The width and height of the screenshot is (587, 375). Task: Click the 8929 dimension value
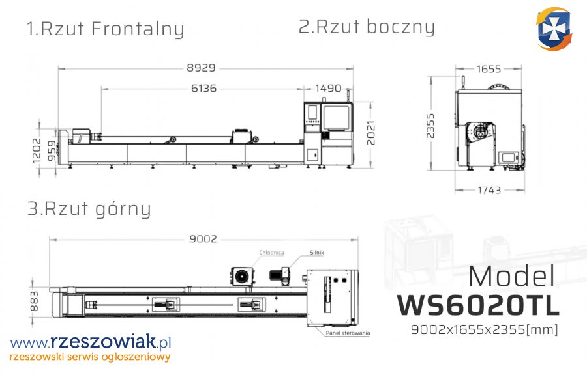point(201,68)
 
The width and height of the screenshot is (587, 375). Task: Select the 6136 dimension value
point(203,88)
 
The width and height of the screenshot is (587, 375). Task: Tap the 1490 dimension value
point(328,88)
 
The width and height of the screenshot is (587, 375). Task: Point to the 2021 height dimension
point(370,133)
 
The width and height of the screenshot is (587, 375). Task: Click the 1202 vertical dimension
point(37,150)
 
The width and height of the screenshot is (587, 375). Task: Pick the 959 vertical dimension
point(52,150)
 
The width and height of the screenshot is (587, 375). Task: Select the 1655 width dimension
point(489,69)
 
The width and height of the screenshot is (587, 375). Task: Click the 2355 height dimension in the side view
point(430,126)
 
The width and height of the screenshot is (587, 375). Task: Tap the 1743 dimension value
point(489,190)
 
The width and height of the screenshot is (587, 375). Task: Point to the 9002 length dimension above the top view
point(203,239)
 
